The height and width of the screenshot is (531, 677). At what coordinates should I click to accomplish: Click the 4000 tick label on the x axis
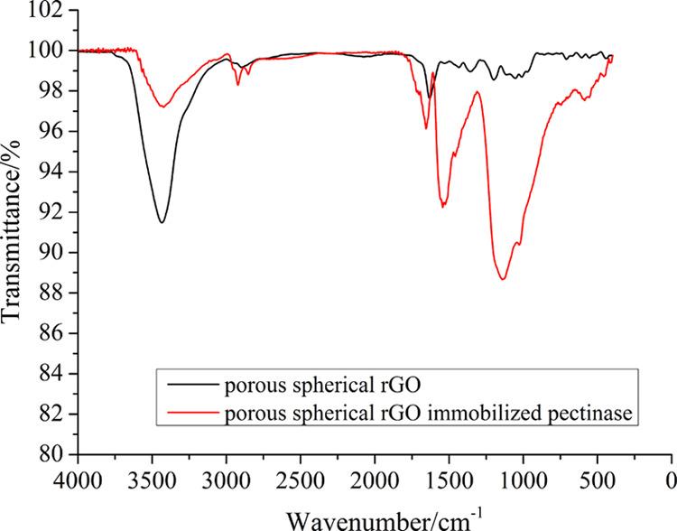[x=79, y=479]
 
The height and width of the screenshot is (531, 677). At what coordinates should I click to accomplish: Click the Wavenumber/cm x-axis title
[x=376, y=517]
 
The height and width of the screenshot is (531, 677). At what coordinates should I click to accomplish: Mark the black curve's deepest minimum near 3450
[x=162, y=222]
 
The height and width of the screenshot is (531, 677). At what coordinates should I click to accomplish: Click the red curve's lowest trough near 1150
[x=503, y=279]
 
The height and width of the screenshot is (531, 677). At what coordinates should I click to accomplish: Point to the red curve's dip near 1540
[x=443, y=208]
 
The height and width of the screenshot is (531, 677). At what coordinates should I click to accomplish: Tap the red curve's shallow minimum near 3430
[x=162, y=107]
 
